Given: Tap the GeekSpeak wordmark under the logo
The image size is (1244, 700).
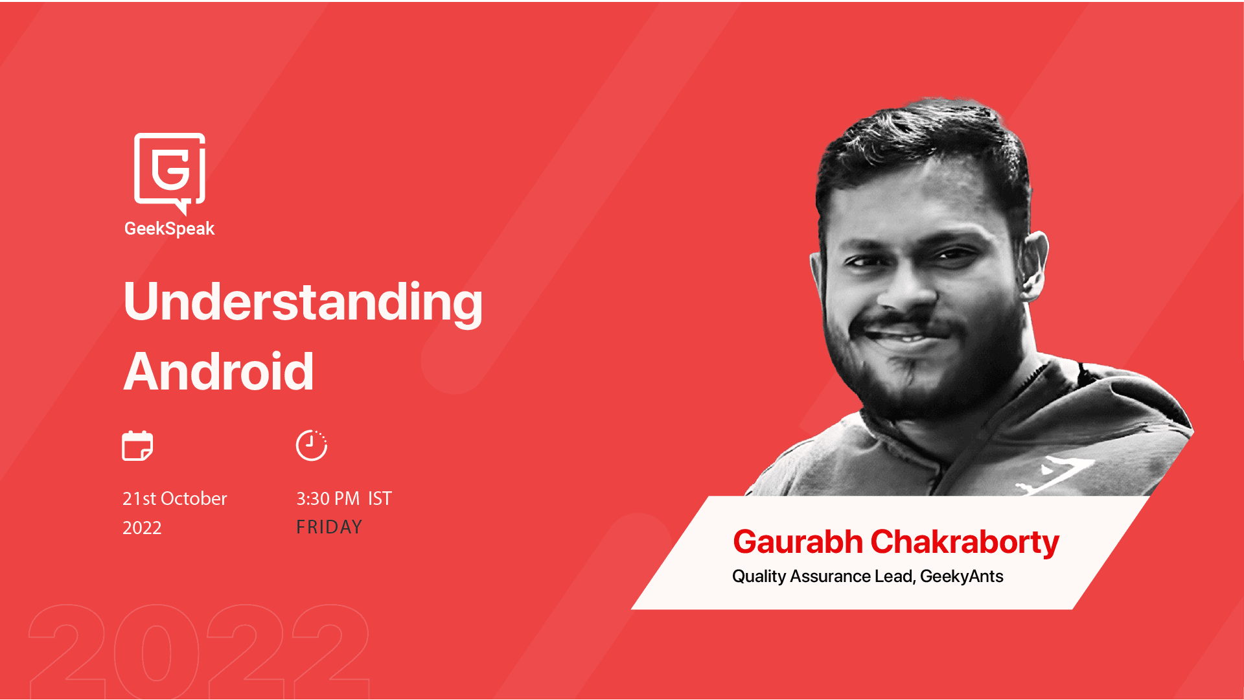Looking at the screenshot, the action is (x=169, y=229).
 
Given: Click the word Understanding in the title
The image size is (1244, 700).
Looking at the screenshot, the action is (x=303, y=302).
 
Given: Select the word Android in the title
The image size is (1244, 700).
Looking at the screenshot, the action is (x=218, y=371).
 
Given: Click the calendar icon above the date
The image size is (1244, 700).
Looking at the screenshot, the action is (x=137, y=446).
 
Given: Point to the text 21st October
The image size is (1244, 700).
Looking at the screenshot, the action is (x=174, y=498).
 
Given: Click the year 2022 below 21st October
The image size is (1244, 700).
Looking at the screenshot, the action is (x=142, y=528).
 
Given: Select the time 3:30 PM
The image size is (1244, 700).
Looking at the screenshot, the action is (x=328, y=498).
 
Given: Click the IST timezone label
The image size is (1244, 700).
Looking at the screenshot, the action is (x=380, y=498).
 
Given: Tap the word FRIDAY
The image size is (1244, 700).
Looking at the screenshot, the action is (x=329, y=527).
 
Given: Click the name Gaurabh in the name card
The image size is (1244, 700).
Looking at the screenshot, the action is (x=798, y=542).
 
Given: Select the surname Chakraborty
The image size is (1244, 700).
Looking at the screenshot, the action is (x=965, y=543).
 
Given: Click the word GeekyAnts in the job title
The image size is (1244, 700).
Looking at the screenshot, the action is (x=962, y=576).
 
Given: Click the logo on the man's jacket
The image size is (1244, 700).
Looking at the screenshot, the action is (x=1056, y=476).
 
